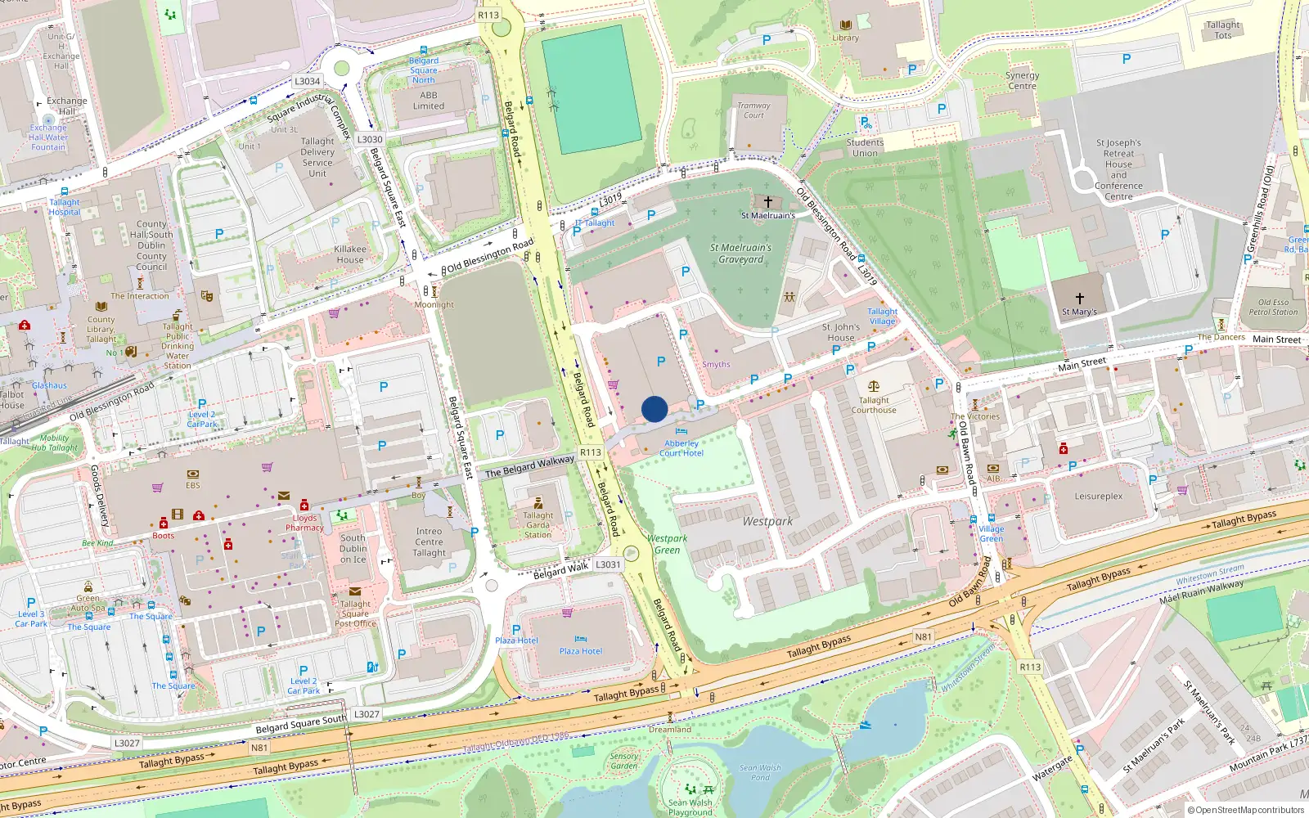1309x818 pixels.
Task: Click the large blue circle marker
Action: click(x=654, y=409)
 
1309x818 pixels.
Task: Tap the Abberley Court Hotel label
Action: click(x=681, y=448)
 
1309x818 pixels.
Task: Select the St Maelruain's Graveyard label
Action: click(x=740, y=254)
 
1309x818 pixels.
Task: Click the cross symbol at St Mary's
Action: click(x=1079, y=299)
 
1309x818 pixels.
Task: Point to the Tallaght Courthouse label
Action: click(x=873, y=405)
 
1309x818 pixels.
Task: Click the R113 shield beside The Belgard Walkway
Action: click(x=590, y=452)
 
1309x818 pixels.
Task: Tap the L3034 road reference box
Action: click(x=308, y=81)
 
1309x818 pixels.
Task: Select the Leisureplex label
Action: click(x=1098, y=497)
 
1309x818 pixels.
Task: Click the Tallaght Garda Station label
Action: click(x=538, y=524)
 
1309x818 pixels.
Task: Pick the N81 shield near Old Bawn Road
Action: click(x=923, y=636)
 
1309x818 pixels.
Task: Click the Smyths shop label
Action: click(x=716, y=365)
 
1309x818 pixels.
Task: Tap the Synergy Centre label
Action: click(x=1022, y=80)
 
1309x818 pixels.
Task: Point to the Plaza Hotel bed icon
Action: click(x=580, y=639)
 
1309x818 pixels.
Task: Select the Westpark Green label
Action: click(x=667, y=544)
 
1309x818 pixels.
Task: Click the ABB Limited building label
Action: click(x=429, y=101)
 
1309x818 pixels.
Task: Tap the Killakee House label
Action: click(x=350, y=254)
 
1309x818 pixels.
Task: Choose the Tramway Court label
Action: click(x=753, y=110)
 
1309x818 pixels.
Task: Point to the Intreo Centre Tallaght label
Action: click(x=429, y=542)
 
